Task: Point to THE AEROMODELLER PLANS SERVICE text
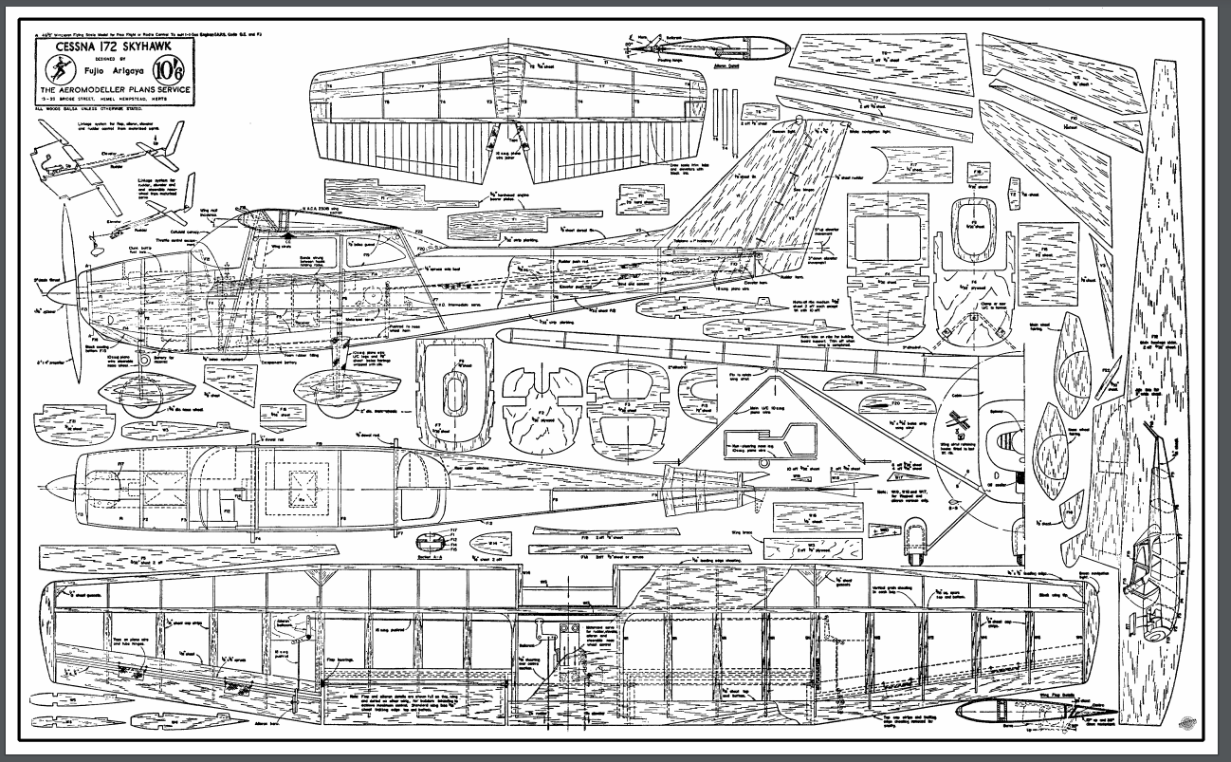tap(115, 89)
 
